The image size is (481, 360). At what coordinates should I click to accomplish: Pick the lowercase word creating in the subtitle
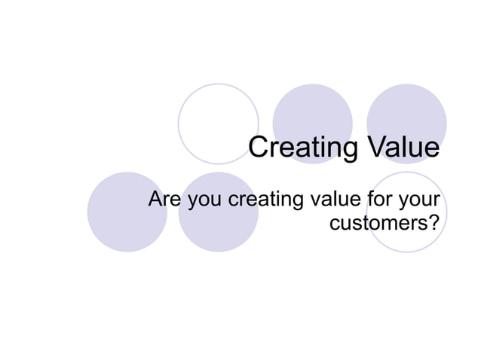tap(265, 201)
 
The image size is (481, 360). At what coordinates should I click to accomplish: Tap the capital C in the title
tap(259, 148)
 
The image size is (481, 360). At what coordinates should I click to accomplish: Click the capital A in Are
tap(155, 200)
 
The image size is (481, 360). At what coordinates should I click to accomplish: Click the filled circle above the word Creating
tap(312, 113)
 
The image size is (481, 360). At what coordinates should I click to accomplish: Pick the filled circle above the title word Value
tap(406, 113)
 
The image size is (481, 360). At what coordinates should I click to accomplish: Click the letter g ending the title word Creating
tap(348, 150)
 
